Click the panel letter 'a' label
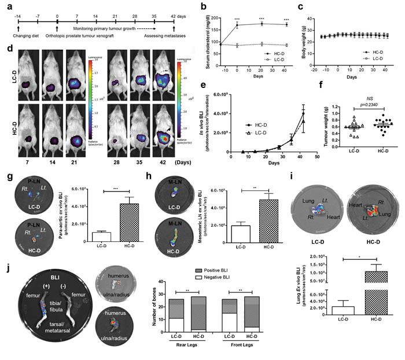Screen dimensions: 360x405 (7, 6)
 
